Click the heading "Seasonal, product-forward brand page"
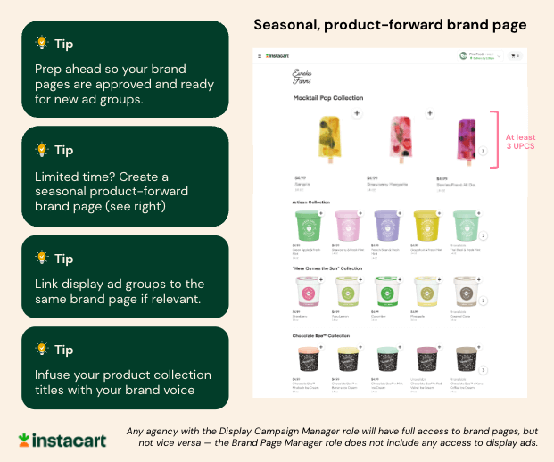(x=390, y=24)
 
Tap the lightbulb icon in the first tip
(x=41, y=43)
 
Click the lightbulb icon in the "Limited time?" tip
(x=41, y=149)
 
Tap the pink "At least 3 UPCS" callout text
(x=519, y=141)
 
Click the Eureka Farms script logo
(x=307, y=77)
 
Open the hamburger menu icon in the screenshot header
(x=260, y=56)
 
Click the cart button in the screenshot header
(x=515, y=56)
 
